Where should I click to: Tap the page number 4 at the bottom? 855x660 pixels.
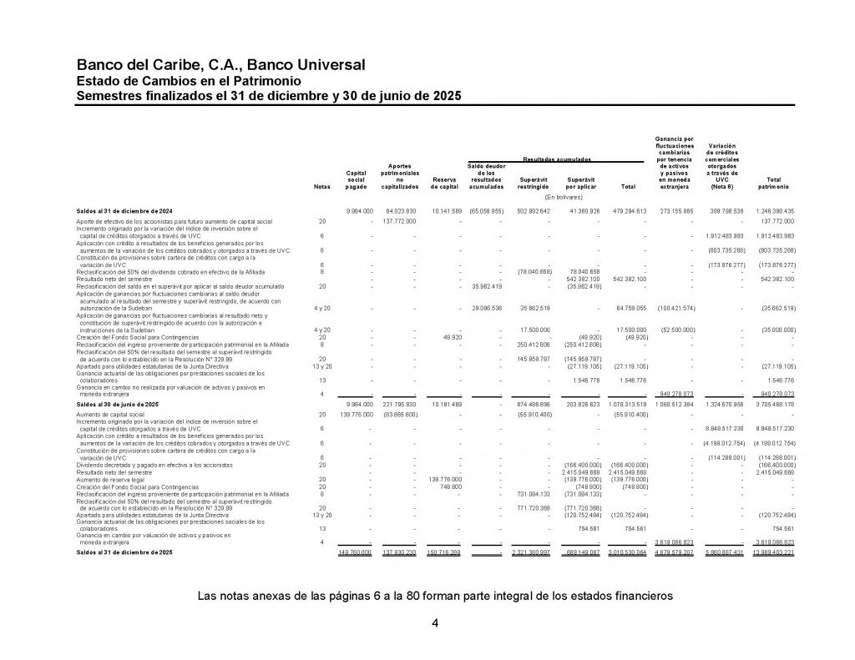click(434, 623)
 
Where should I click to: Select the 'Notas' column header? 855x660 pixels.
click(321, 187)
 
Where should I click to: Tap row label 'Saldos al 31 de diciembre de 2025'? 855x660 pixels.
click(125, 552)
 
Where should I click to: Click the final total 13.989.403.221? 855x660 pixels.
click(773, 552)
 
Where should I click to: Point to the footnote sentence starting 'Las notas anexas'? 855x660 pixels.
click(434, 597)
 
